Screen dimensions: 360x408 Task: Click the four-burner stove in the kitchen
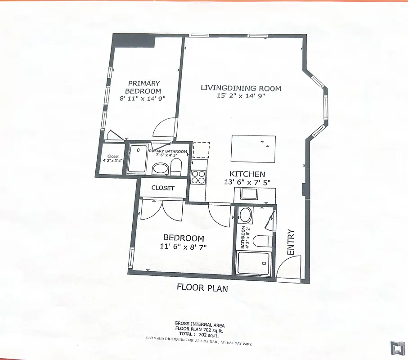pyautogui.click(x=198, y=176)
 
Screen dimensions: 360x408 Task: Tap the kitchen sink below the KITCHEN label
pyautogui.click(x=248, y=194)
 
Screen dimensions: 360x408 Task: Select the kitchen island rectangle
pyautogui.click(x=253, y=148)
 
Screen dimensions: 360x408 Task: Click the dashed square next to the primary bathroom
pyautogui.click(x=201, y=150)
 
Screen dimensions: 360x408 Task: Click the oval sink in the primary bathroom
pyautogui.click(x=160, y=169)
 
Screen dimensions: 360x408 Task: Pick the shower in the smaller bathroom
pyautogui.click(x=254, y=263)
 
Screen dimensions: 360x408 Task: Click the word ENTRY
pyautogui.click(x=291, y=243)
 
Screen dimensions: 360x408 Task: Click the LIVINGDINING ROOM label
pyautogui.click(x=241, y=88)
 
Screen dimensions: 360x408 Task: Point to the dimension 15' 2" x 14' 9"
pyautogui.click(x=241, y=95)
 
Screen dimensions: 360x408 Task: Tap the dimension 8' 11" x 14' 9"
pyautogui.click(x=143, y=98)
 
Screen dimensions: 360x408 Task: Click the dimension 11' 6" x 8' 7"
pyautogui.click(x=183, y=246)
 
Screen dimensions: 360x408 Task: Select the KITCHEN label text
pyautogui.click(x=247, y=174)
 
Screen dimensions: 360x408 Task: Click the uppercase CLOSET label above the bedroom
pyautogui.click(x=162, y=188)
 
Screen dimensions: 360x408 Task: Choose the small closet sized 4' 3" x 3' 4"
pyautogui.click(x=112, y=158)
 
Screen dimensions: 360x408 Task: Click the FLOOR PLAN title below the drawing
pyautogui.click(x=202, y=288)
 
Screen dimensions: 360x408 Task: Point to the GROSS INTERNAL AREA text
pyautogui.click(x=199, y=324)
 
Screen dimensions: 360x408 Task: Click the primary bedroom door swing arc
pyautogui.click(x=164, y=128)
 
